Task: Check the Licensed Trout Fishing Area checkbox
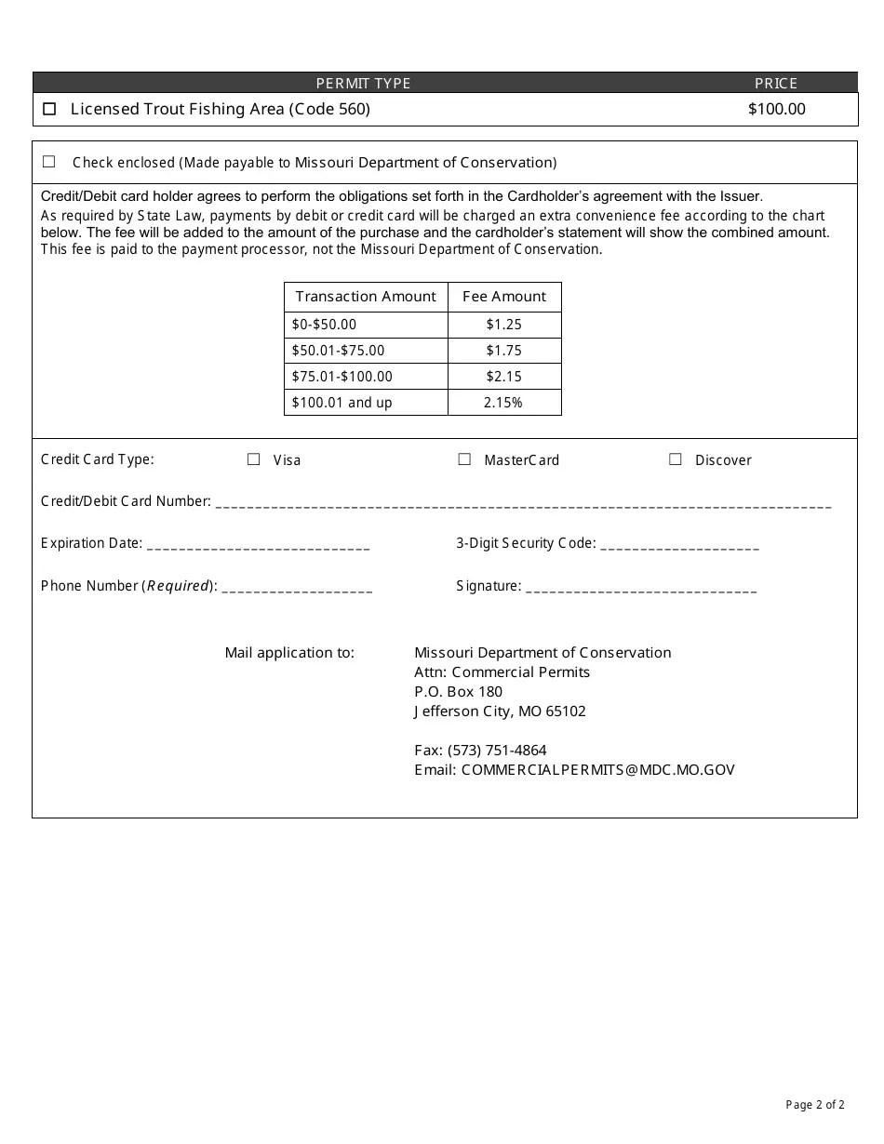[x=49, y=109]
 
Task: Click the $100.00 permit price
[x=776, y=109]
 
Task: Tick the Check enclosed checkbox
[x=49, y=162]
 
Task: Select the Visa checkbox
[x=253, y=459]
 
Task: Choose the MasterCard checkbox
[x=464, y=459]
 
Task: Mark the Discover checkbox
[x=676, y=459]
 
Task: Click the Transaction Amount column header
[x=366, y=297]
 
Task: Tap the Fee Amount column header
[x=504, y=297]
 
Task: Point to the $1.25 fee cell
[x=504, y=325]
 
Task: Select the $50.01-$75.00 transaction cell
[x=338, y=351]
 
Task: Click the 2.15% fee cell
[x=504, y=403]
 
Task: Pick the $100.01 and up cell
[x=342, y=403]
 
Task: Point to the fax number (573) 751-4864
[x=497, y=750]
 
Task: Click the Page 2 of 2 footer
[x=815, y=1105]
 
